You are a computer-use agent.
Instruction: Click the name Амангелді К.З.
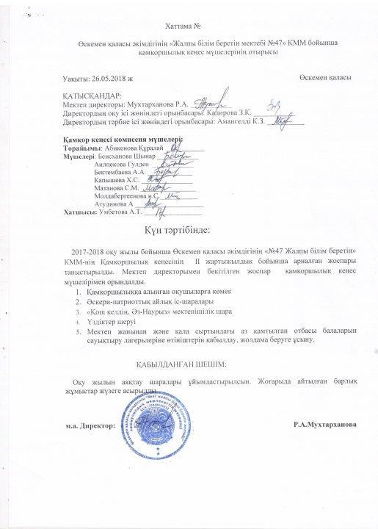pos(239,123)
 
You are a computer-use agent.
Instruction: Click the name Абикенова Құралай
pos(124,148)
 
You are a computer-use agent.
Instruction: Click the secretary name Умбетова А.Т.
pos(117,212)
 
